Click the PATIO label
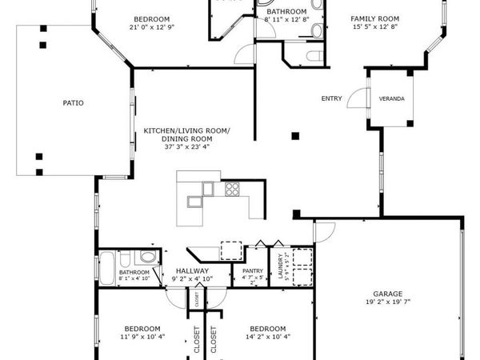click(x=74, y=102)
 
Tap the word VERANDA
click(x=391, y=99)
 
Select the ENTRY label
click(x=331, y=99)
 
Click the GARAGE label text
click(x=386, y=294)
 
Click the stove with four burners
click(x=233, y=190)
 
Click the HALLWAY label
click(x=192, y=272)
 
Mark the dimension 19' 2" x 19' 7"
click(x=386, y=303)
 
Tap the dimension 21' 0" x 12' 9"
click(x=150, y=26)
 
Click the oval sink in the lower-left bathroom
click(x=146, y=258)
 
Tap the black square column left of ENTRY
click(x=296, y=135)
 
